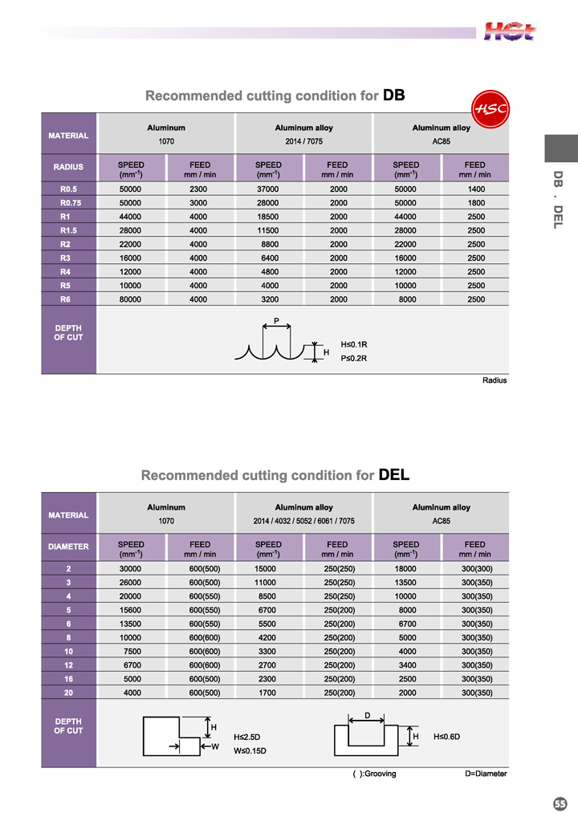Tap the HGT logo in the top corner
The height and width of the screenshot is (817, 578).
pos(510,31)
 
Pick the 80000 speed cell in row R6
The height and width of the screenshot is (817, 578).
pos(131,299)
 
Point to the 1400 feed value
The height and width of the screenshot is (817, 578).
pos(475,189)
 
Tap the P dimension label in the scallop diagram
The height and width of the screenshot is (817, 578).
pos(276,321)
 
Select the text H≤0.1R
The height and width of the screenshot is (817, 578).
pos(354,345)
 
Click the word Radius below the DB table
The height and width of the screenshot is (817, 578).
pos(495,380)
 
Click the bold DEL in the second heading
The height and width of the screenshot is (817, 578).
pos(394,474)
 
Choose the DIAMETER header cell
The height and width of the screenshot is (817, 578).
pos(68,547)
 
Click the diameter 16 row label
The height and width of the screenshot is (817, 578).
pos(69,678)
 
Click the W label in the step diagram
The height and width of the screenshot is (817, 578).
pos(214,748)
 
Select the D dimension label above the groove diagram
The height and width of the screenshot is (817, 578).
pos(367,714)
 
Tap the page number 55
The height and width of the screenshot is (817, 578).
pos(560,803)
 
